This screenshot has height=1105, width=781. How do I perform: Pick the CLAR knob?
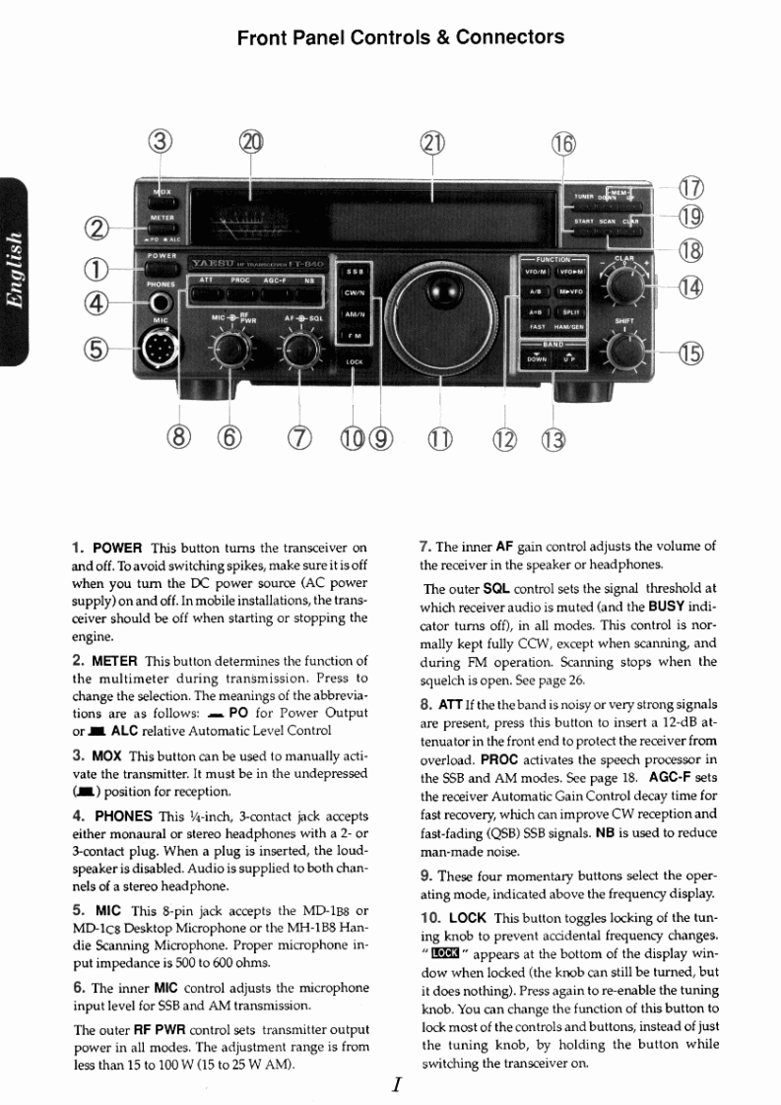coord(626,287)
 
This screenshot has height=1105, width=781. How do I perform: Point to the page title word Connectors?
coord(513,37)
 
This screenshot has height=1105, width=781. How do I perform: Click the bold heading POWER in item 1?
coord(118,547)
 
